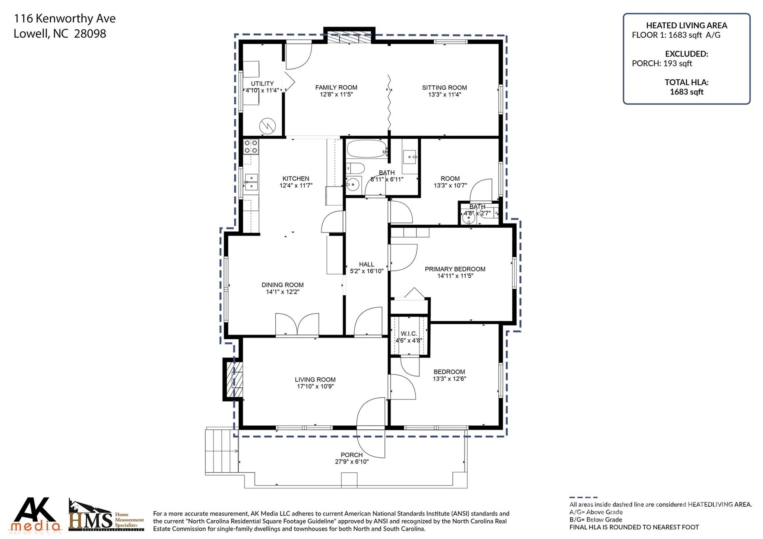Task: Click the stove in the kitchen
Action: click(251, 147)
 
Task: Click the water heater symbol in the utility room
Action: click(267, 126)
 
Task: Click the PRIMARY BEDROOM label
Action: click(455, 269)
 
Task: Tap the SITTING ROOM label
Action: click(444, 88)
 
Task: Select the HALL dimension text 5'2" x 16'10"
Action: click(367, 271)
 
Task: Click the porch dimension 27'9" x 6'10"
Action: click(352, 462)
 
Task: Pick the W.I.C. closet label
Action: click(409, 334)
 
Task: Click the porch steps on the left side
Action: click(222, 451)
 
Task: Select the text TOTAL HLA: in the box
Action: click(686, 82)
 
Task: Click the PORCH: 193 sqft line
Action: click(662, 63)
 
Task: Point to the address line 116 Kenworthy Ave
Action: click(65, 19)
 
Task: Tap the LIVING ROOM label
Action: click(315, 380)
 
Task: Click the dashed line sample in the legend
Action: click(583, 497)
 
